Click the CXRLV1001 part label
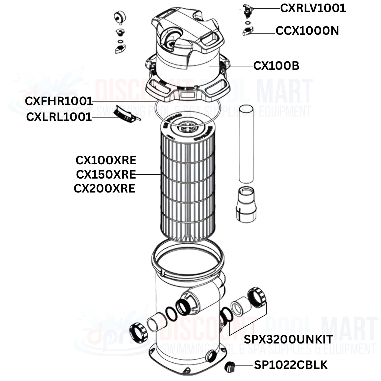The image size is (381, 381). click(x=312, y=8)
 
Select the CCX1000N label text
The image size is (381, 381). click(x=307, y=31)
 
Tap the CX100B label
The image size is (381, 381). click(x=276, y=66)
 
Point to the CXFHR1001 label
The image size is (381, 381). click(x=59, y=101)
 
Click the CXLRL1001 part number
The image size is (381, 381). click(x=59, y=117)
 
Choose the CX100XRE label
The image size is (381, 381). click(x=106, y=161)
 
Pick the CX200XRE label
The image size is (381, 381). click(x=104, y=188)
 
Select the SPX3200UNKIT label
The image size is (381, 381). click(x=288, y=339)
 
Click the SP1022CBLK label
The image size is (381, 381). click(x=290, y=365)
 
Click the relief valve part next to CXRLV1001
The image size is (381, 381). click(x=248, y=10)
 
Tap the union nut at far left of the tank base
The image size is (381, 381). click(x=138, y=332)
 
